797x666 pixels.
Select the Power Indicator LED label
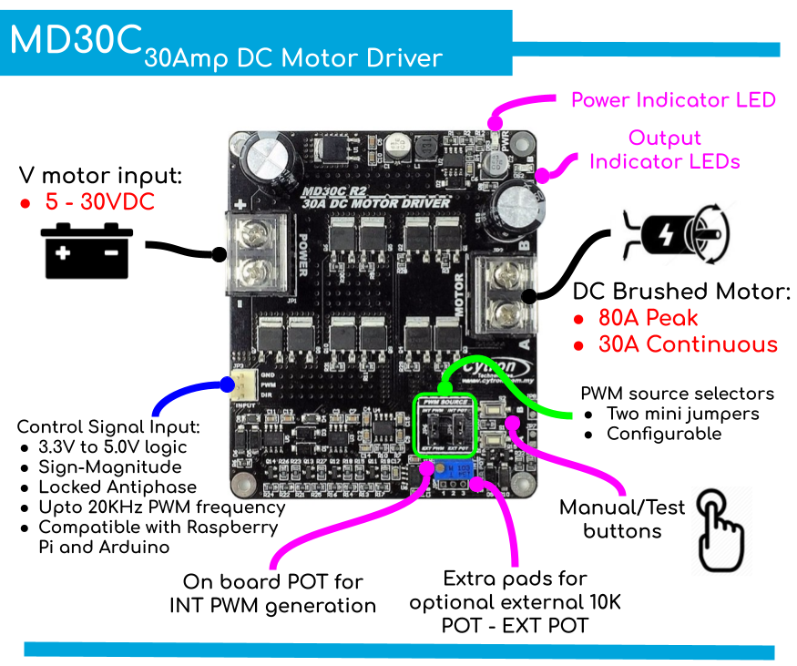673,100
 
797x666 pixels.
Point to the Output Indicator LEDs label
665,150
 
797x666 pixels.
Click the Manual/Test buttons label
622,519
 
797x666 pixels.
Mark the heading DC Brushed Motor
680,292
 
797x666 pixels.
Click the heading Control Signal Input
108,426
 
